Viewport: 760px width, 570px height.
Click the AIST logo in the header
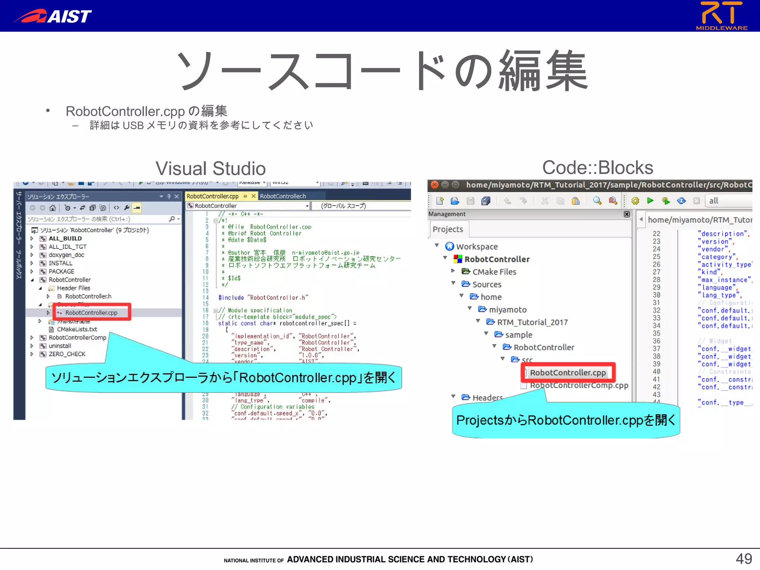(x=53, y=16)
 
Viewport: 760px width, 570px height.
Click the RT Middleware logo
(x=721, y=16)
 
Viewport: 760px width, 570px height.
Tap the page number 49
(x=744, y=558)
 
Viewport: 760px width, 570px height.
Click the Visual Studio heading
(x=210, y=168)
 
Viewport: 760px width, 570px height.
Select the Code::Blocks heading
(x=597, y=167)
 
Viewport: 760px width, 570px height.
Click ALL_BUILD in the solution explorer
(x=65, y=239)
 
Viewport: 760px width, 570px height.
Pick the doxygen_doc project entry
(x=66, y=255)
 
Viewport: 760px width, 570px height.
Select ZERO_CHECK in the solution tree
(x=67, y=354)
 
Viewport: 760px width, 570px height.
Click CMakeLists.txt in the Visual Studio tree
(x=77, y=329)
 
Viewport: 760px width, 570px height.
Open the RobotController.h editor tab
(x=283, y=196)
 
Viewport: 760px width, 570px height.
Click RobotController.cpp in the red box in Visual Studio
(x=91, y=312)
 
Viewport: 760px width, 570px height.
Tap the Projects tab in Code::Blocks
(x=448, y=229)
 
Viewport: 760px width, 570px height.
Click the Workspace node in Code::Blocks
(x=476, y=247)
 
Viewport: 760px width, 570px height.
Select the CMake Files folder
(x=494, y=272)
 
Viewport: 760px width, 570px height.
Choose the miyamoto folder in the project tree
(x=507, y=310)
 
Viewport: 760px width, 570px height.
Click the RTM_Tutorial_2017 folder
(x=532, y=322)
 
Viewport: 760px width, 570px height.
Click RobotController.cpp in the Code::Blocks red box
(x=568, y=373)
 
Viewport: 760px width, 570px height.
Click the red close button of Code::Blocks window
(x=435, y=185)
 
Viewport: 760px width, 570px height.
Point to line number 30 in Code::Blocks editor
(x=656, y=295)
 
